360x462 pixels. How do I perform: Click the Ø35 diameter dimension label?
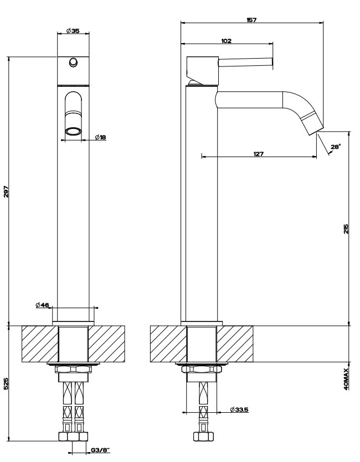click(x=73, y=30)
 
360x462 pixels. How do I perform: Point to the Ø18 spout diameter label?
click(x=100, y=137)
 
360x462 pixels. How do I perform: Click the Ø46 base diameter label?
click(x=42, y=305)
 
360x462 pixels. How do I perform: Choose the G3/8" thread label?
click(x=100, y=450)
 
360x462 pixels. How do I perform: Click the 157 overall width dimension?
click(x=251, y=20)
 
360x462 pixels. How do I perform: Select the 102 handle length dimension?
click(x=226, y=41)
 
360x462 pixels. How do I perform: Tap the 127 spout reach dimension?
click(x=258, y=153)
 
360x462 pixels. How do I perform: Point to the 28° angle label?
click(x=336, y=147)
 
